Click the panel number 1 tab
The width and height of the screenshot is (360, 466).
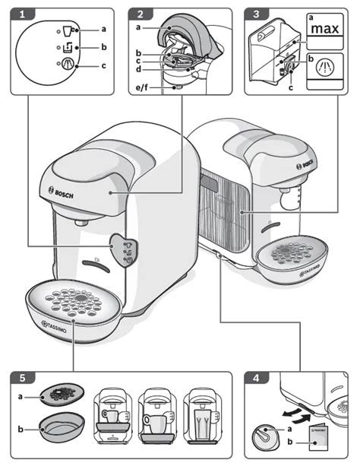pos(23,14)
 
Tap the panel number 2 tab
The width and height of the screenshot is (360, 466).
pos(141,14)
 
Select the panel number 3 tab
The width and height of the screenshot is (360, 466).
pos(257,14)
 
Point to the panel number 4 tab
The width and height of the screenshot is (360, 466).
pos(257,378)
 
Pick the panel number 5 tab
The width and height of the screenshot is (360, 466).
pos(23,378)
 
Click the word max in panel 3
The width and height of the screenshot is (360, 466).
pos(325,29)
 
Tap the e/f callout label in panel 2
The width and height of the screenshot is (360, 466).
pos(142,87)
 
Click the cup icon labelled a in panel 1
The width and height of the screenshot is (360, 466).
pos(68,30)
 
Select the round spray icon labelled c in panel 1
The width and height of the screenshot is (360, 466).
pos(68,64)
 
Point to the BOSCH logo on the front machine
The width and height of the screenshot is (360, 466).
pos(61,192)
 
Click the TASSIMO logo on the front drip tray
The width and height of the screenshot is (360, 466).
pos(54,326)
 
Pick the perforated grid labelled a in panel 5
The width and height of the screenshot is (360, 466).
pos(62,395)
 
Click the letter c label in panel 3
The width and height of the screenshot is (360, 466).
pos(291,87)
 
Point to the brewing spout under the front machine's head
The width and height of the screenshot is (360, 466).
pos(81,222)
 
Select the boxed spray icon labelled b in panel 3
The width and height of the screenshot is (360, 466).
pos(325,67)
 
